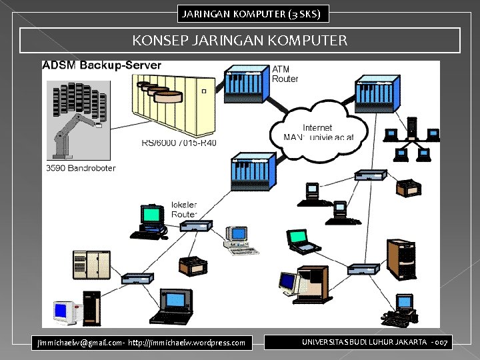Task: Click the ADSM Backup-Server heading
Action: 101,65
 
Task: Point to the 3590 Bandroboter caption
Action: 81,167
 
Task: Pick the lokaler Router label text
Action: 184,209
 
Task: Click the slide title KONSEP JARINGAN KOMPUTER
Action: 240,41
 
